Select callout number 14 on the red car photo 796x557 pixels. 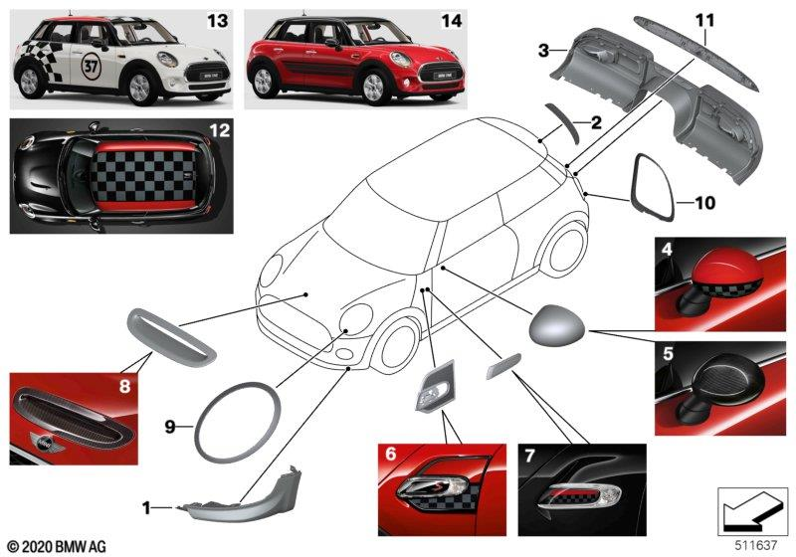click(x=451, y=20)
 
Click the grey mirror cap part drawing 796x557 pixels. click(x=557, y=323)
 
